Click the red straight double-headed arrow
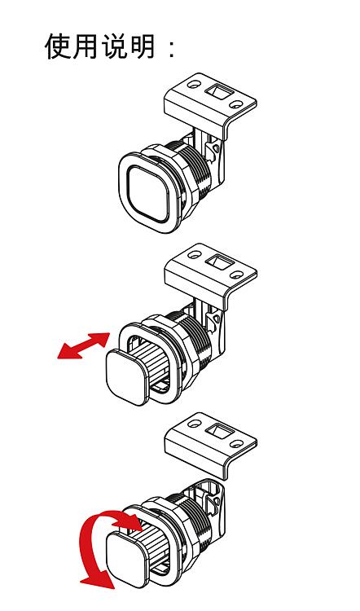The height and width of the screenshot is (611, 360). tap(84, 345)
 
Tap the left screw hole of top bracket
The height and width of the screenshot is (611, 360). tap(194, 83)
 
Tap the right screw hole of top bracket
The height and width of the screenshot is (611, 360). tap(235, 104)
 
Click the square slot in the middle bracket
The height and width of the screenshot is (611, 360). tap(217, 262)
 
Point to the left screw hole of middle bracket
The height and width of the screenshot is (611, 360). tap(194, 254)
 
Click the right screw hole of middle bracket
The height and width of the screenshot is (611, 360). tap(235, 275)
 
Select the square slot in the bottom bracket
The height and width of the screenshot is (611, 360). tap(217, 431)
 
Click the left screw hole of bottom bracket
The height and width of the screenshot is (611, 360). tap(194, 423)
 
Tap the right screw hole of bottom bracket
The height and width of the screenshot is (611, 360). tap(235, 443)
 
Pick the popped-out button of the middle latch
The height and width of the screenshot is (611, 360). tap(126, 377)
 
